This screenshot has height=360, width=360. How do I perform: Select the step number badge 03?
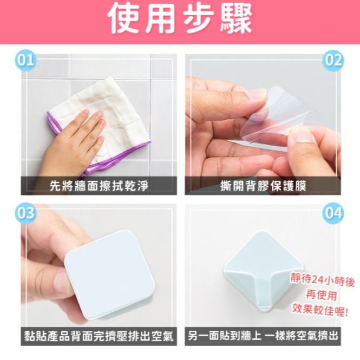coord(25,213)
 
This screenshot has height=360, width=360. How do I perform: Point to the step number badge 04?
coord(333,213)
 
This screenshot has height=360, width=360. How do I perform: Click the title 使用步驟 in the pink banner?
coord(180,21)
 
